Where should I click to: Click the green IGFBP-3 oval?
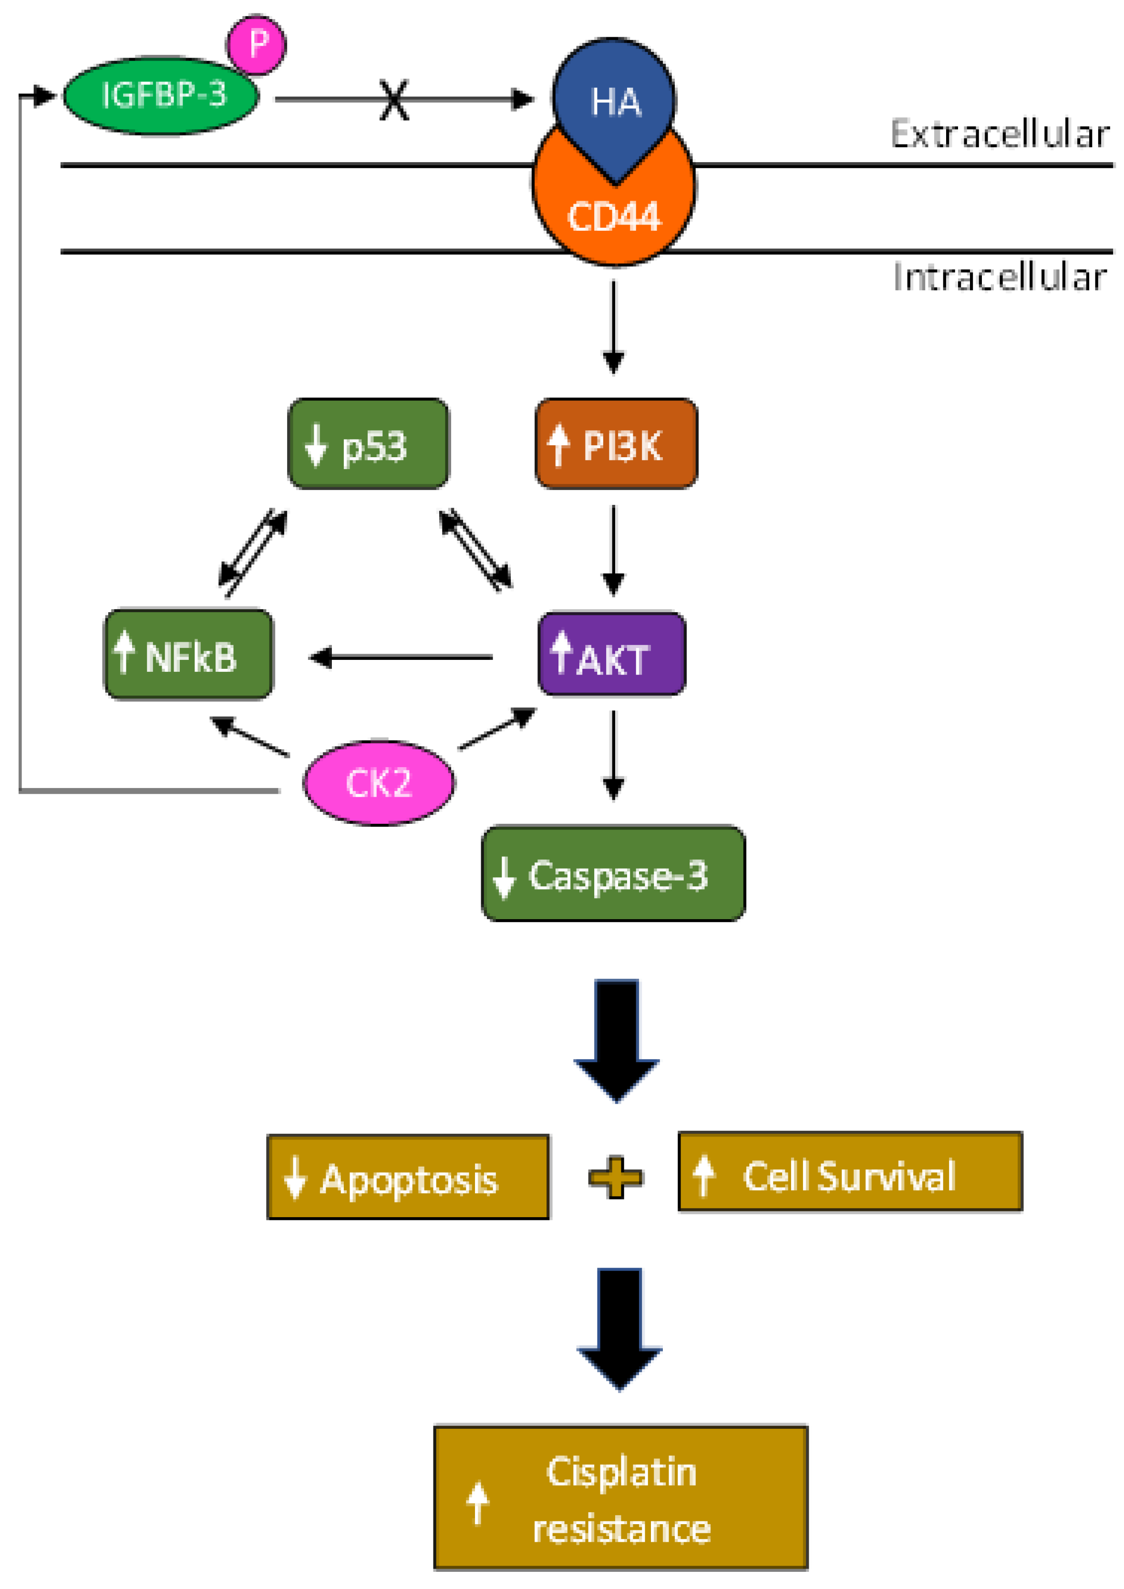click(161, 95)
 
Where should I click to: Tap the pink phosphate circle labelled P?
click(257, 45)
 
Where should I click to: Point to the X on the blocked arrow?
click(394, 100)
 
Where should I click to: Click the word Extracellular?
click(1000, 134)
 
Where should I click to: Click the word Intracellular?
click(1000, 277)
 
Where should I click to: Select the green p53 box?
click(368, 444)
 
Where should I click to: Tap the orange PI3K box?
click(616, 444)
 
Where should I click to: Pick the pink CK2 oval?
click(379, 783)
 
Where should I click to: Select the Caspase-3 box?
click(613, 874)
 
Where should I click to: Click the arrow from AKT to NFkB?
click(402, 657)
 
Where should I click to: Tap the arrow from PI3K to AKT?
click(613, 550)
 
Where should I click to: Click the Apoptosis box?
click(408, 1177)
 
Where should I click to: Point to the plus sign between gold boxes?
click(615, 1177)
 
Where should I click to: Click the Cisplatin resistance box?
click(621, 1497)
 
